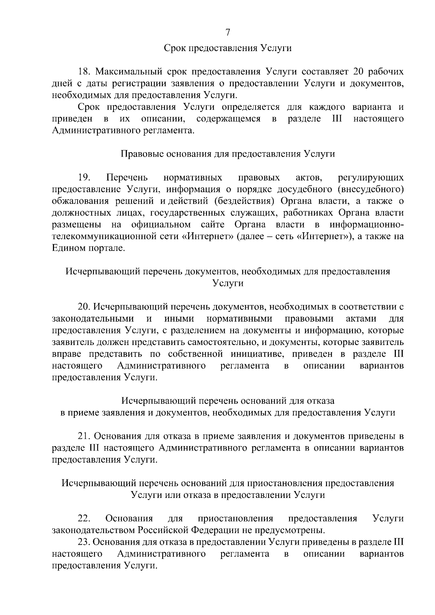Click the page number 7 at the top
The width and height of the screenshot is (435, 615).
228,33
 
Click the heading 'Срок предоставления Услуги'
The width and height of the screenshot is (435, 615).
228,48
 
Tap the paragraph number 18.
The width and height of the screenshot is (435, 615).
84,72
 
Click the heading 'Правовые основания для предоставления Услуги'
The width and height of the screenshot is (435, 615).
228,154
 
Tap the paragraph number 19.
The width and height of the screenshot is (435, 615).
84,178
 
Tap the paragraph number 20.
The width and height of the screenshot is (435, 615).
84,307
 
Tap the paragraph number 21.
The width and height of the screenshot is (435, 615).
84,436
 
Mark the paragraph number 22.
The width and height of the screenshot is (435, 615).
84,519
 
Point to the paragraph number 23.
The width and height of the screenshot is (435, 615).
84,542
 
